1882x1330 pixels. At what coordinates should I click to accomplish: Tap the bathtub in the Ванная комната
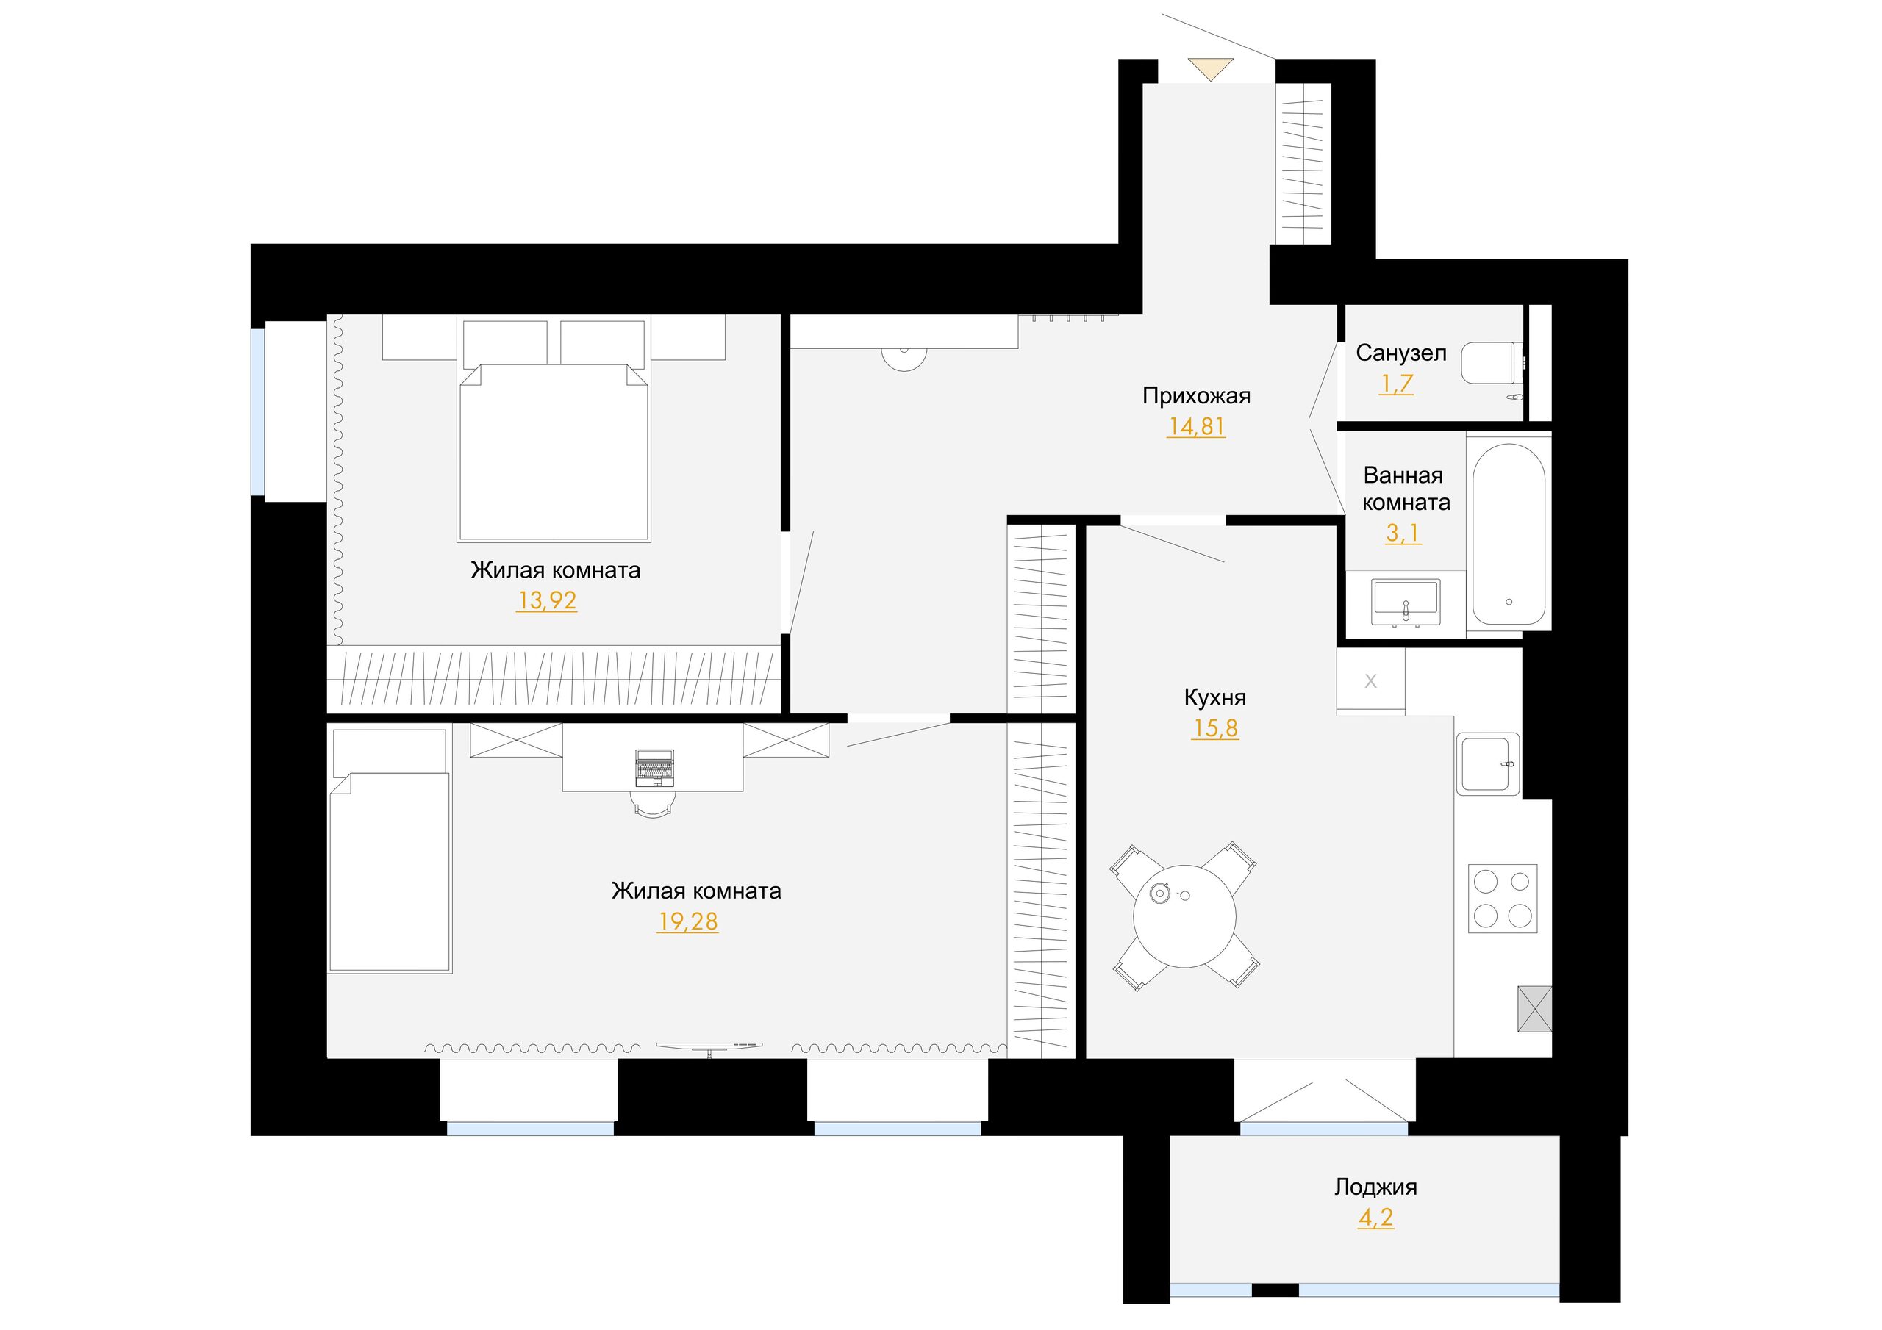[1509, 533]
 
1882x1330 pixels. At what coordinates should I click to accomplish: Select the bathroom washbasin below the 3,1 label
[1406, 603]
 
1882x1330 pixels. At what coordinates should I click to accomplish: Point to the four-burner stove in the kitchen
[1503, 898]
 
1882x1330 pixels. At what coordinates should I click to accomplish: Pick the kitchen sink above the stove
[1488, 764]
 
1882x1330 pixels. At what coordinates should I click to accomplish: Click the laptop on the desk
[655, 768]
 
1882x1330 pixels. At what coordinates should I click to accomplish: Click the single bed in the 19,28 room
[390, 851]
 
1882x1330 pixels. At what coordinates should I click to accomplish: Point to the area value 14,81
[1196, 427]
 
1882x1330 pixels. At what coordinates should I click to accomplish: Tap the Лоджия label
[1375, 1187]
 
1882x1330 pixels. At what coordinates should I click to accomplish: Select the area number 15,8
[1214, 727]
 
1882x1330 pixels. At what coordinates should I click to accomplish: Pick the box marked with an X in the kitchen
[1370, 680]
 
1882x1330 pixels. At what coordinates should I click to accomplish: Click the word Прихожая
[1196, 397]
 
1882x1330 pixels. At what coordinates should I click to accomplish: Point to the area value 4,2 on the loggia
[1375, 1218]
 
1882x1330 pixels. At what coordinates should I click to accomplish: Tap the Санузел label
[1401, 353]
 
